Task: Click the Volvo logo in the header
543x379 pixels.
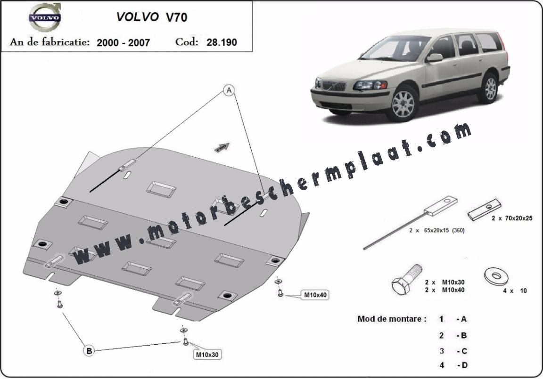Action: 45,17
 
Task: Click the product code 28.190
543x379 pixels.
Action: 222,42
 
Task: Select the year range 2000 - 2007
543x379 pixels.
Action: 123,42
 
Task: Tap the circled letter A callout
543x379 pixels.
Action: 229,90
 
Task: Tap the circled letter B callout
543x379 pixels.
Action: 89,351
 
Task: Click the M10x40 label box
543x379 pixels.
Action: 315,295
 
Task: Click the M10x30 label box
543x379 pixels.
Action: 207,355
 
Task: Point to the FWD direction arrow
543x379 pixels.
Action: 221,147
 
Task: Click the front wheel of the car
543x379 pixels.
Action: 403,104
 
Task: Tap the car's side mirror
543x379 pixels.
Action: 434,58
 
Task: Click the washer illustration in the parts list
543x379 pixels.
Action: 495,277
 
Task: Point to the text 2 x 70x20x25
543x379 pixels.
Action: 512,218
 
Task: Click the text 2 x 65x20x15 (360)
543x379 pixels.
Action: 436,230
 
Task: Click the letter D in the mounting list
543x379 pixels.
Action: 464,365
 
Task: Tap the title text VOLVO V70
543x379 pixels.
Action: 152,17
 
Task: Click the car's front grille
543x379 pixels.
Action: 334,85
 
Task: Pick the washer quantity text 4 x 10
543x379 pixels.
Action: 515,290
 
